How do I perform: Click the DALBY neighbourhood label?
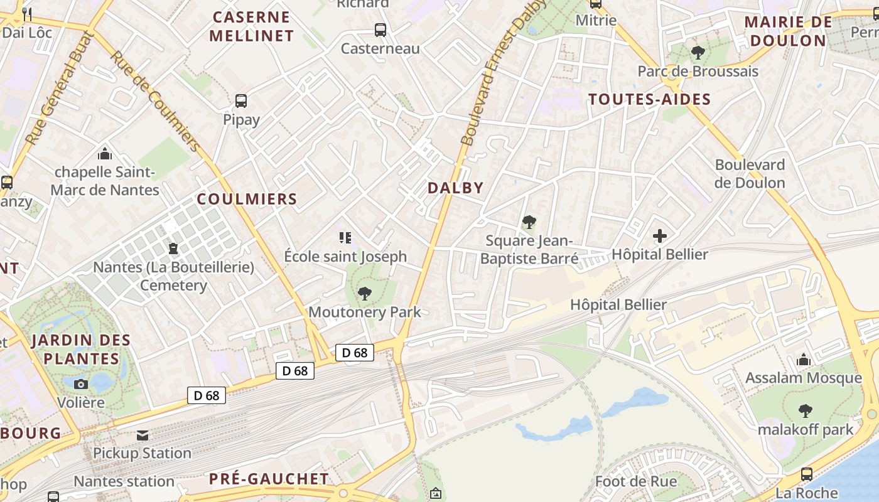[x=455, y=188]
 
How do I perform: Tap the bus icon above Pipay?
[x=240, y=100]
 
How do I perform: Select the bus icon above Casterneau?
[x=380, y=29]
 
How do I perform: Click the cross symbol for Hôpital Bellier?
[x=659, y=236]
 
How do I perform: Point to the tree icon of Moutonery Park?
[x=364, y=293]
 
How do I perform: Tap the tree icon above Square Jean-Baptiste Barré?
[x=529, y=222]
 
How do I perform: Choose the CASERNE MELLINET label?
[x=251, y=26]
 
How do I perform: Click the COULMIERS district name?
[x=247, y=200]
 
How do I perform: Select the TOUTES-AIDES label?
[x=649, y=99]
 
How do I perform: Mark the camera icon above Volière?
[x=81, y=383]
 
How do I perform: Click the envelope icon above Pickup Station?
[x=143, y=435]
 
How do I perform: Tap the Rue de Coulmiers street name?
[x=156, y=100]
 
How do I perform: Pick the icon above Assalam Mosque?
[x=803, y=360]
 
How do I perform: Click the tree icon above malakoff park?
[x=805, y=411]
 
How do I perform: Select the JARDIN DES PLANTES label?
[x=81, y=350]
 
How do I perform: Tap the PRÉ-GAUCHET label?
[x=269, y=479]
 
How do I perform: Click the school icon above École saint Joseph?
[x=345, y=237]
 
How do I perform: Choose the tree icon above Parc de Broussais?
[x=697, y=53]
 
